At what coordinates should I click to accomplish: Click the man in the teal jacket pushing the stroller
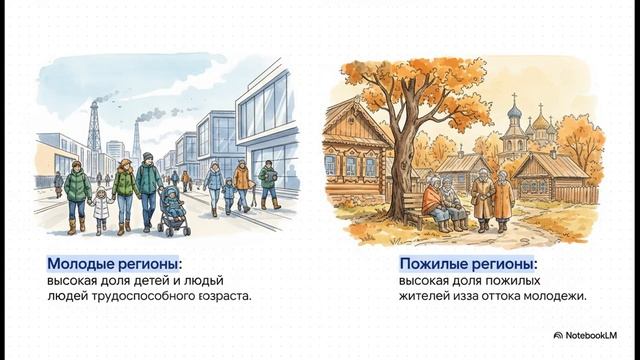[x=149, y=184]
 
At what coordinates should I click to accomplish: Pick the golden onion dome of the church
[x=541, y=123]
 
